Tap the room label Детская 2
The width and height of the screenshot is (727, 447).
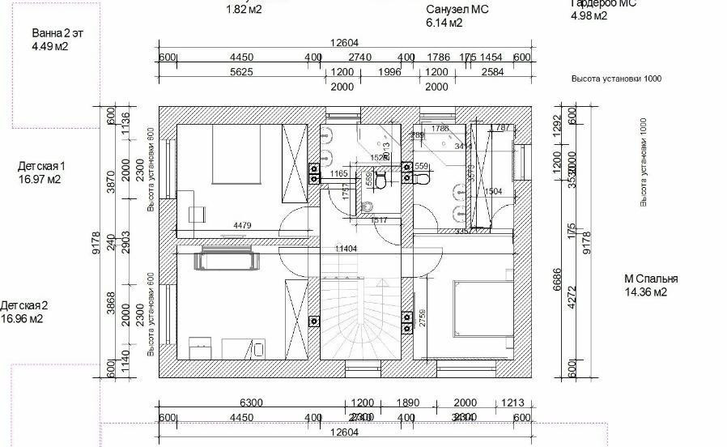coord(24,305)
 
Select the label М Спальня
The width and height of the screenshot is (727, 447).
coord(651,279)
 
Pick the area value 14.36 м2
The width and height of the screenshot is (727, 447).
coord(645,292)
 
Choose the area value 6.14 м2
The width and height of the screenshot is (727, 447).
coord(444,23)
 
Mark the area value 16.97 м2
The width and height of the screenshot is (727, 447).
coord(40,180)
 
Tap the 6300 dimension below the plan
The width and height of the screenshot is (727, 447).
coord(251,403)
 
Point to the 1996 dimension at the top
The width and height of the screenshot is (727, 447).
coord(390,72)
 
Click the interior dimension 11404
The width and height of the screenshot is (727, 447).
coord(346,248)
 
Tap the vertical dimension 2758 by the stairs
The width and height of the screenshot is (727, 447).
coord(422,317)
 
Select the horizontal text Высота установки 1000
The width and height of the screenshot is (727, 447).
coord(616,79)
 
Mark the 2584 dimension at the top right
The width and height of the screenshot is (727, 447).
coord(492,72)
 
